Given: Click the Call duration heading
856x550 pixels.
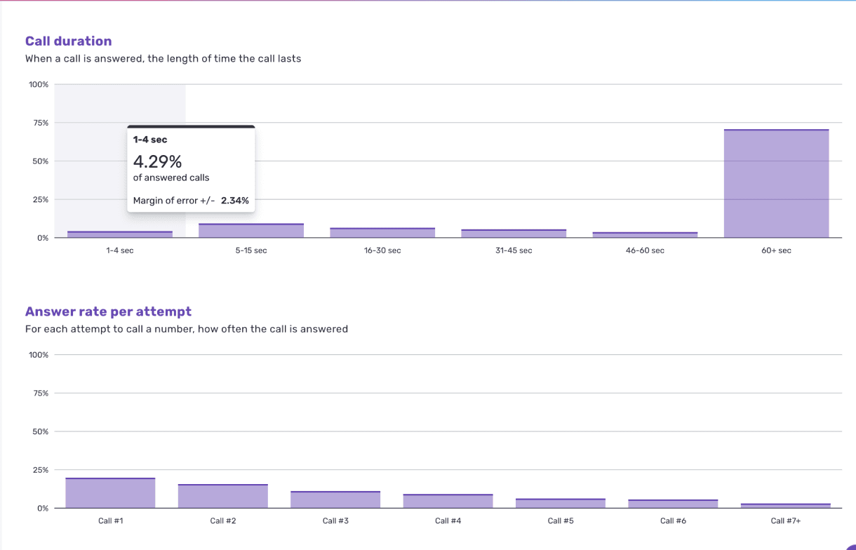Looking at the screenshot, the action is point(68,41).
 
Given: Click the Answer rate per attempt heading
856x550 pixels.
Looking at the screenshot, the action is point(108,311).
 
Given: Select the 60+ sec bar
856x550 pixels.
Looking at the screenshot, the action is point(776,184).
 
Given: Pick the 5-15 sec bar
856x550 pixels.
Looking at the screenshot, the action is point(251,231).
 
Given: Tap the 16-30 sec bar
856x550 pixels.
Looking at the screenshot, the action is point(382,233).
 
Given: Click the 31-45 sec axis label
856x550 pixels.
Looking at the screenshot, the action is point(514,250).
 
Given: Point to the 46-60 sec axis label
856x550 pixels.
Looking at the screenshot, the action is point(645,250).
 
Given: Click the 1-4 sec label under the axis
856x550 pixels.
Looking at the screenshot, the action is point(119,250).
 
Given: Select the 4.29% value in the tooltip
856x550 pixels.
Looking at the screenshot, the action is point(157,161).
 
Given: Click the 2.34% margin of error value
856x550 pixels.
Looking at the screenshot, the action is point(234,200).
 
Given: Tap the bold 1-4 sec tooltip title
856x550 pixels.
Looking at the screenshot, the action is point(150,140).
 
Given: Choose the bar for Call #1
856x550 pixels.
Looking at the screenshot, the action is point(110,493).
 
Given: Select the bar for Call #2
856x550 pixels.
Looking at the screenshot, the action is point(223,496).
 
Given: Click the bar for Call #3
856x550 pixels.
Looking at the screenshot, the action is point(335,499).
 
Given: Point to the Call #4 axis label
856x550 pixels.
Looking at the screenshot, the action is point(448,521).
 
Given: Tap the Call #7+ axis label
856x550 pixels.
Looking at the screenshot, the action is point(786,521).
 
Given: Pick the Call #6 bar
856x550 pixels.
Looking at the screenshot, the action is point(673,504).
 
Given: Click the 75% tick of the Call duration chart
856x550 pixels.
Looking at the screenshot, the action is point(41,123).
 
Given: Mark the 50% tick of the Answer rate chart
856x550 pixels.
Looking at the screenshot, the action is point(41,431).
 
